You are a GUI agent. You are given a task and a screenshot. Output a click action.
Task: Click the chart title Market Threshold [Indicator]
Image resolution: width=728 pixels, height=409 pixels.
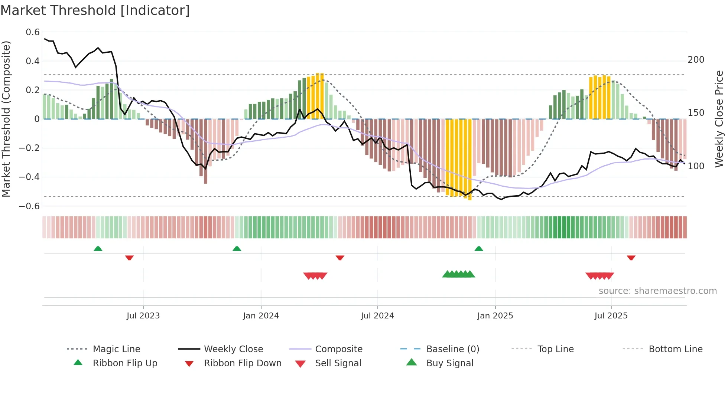[95, 10]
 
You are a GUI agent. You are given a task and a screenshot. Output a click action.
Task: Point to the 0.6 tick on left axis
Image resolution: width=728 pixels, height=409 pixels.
[32, 32]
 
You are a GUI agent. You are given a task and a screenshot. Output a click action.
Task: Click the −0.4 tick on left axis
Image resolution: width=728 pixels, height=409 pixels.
[29, 177]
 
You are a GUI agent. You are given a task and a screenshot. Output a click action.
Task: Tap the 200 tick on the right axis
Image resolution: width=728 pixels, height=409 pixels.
[696, 60]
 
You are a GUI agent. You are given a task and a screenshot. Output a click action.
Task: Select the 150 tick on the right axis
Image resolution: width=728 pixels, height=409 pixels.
[696, 113]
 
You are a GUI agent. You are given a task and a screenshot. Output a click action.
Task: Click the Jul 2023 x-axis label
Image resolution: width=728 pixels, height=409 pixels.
[143, 316]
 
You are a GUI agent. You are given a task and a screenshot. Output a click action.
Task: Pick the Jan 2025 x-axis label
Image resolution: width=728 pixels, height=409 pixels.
[495, 316]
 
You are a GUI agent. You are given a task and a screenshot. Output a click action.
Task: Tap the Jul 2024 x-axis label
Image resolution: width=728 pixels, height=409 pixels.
[377, 316]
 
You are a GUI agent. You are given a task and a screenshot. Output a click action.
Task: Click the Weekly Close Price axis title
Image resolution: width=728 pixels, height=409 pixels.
[719, 119]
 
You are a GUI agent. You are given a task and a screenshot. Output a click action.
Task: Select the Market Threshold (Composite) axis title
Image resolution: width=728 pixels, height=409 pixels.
[6, 119]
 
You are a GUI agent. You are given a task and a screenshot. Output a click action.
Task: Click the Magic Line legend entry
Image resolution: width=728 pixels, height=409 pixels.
[116, 349]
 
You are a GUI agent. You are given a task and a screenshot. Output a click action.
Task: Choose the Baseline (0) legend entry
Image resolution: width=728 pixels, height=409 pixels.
[452, 349]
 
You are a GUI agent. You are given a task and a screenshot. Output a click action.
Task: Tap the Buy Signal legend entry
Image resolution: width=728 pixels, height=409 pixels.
[449, 363]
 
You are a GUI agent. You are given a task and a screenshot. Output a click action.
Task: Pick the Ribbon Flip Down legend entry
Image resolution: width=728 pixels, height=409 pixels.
[242, 363]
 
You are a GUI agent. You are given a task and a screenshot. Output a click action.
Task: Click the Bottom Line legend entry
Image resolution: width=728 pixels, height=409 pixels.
[675, 349]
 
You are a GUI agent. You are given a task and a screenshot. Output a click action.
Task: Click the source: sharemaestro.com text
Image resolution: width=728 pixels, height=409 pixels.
[657, 291]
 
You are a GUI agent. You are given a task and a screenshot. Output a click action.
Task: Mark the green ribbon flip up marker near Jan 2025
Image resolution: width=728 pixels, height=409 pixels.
[479, 249]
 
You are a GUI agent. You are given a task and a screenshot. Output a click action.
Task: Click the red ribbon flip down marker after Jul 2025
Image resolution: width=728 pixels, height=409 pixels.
[631, 258]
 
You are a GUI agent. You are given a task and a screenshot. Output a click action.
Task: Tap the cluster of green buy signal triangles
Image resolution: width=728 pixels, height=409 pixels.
[459, 274]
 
